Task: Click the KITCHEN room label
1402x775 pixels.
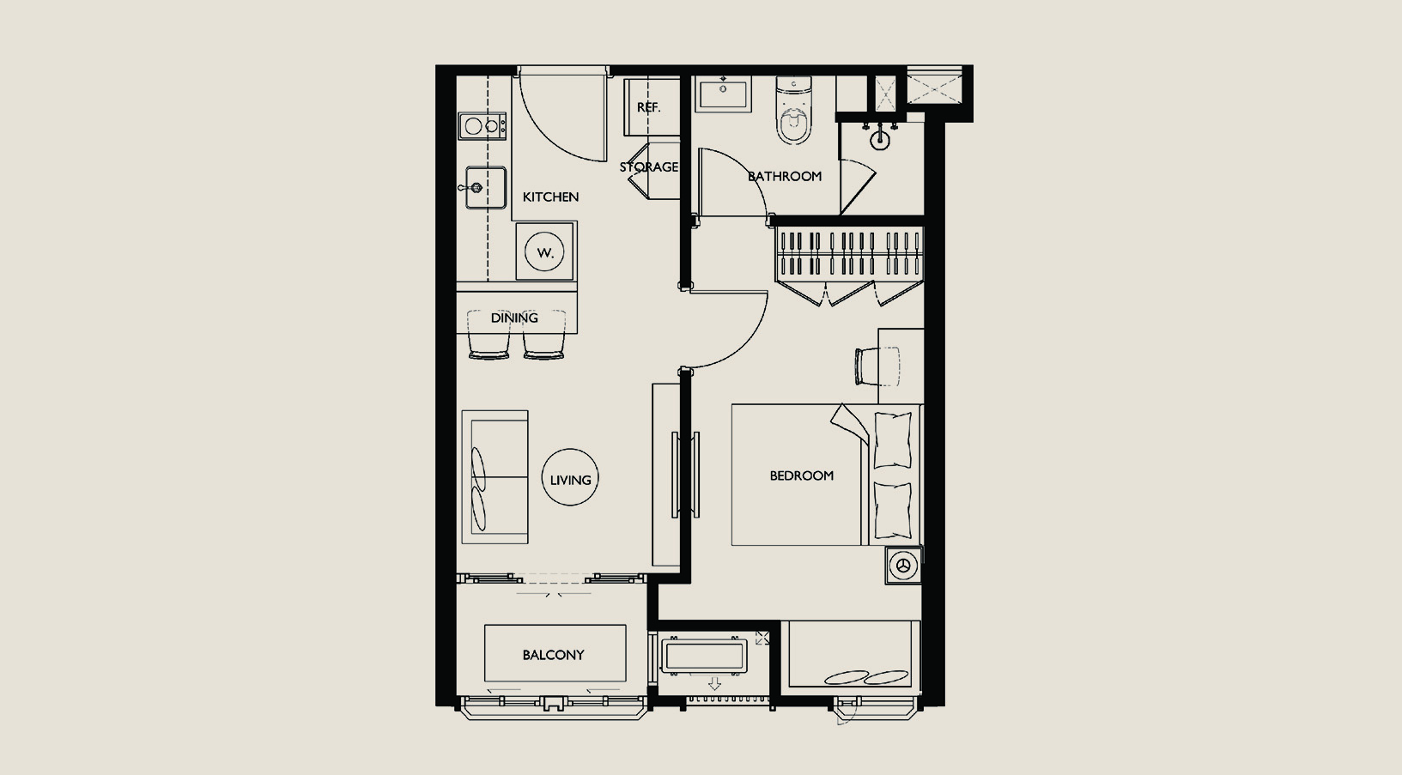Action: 550,197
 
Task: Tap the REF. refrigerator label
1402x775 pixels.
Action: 648,107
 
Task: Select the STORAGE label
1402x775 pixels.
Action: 649,167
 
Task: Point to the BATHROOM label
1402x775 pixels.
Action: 785,177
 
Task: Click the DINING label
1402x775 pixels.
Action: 514,318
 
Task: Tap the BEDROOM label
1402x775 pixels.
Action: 802,475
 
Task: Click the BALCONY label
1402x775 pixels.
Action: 553,655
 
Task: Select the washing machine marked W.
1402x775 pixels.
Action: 544,251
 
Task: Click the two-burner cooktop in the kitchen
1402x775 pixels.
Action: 482,126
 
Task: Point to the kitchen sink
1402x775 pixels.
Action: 486,187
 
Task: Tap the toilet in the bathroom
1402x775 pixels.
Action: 793,110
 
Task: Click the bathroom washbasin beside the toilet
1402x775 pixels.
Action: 723,94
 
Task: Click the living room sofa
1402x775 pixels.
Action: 495,477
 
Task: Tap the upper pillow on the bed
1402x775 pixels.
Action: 893,439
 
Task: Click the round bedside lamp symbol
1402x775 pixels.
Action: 902,566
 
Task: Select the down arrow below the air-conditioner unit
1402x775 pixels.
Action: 714,683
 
